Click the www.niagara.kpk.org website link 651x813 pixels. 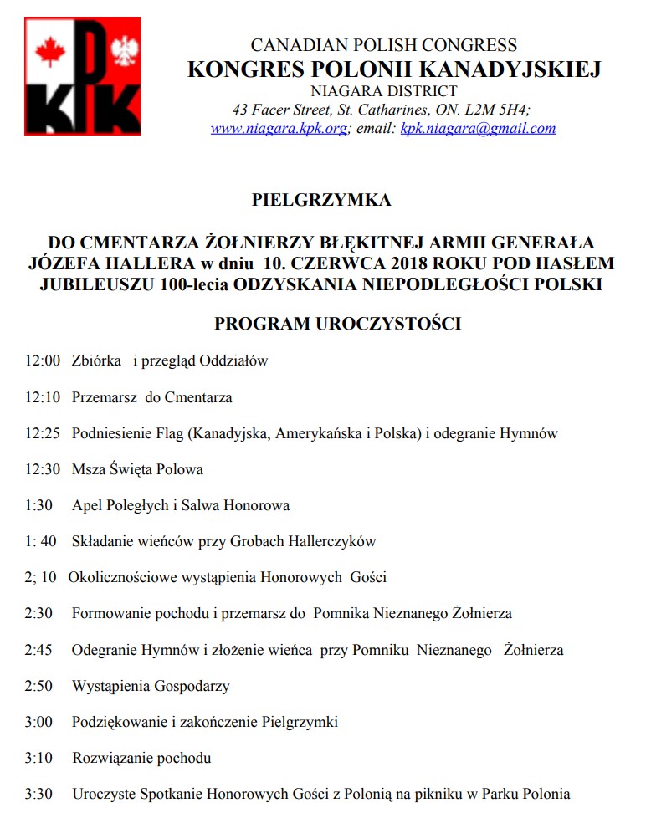[x=278, y=129]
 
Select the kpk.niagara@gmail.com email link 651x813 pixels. [x=478, y=129]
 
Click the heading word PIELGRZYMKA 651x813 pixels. [x=321, y=200]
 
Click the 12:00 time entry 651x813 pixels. [x=43, y=361]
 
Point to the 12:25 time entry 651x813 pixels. [x=43, y=433]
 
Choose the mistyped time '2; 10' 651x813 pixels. [x=41, y=577]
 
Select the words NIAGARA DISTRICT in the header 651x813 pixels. [x=384, y=91]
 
